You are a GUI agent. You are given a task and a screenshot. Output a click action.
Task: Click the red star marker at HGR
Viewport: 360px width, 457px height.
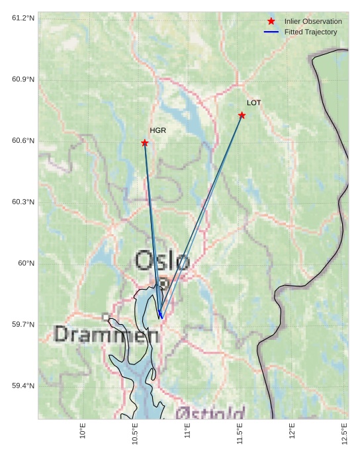pos(144,143)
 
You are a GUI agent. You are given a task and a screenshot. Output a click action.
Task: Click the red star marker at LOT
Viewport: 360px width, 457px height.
pos(242,115)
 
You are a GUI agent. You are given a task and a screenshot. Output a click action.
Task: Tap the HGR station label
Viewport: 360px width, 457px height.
pos(157,130)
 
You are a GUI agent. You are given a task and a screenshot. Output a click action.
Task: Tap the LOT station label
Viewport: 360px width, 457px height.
pos(254,103)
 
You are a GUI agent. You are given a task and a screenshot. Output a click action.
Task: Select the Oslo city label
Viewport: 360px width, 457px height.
pos(162,261)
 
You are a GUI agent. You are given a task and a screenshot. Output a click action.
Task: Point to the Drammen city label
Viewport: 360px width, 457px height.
pos(106,335)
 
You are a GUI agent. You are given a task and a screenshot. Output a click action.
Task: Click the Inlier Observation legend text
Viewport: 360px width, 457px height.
pos(313,22)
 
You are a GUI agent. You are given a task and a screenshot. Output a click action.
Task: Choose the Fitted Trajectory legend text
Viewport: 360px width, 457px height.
pos(310,32)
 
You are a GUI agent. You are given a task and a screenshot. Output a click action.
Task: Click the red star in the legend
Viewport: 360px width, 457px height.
pos(271,22)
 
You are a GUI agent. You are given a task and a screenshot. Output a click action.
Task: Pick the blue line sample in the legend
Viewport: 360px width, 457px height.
pos(271,32)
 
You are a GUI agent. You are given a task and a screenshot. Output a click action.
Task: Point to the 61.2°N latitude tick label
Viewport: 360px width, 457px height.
pos(23,18)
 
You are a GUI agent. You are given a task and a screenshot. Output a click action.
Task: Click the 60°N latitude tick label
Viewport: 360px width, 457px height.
pos(26,263)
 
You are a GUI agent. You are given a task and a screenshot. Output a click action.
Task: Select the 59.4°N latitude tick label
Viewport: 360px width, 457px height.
pos(23,386)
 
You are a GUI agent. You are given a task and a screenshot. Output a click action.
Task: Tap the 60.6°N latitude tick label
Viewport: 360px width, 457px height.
pos(23,140)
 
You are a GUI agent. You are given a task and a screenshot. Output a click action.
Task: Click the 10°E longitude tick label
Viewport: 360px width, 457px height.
pos(83,431)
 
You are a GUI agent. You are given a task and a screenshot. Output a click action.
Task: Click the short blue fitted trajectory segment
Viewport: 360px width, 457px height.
pos(159,313)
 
